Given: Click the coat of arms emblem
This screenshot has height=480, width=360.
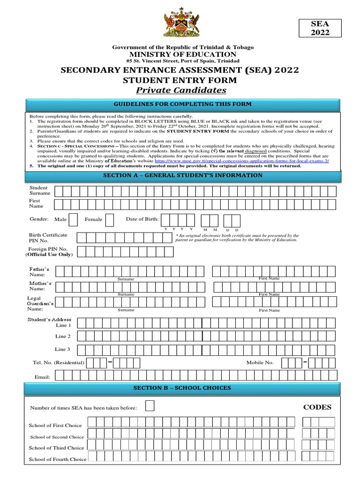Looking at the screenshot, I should click(x=180, y=23).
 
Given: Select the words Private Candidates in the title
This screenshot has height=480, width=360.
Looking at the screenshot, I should click(x=180, y=90).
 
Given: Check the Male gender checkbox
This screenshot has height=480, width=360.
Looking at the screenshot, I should click(x=74, y=219).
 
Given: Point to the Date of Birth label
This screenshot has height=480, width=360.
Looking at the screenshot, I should click(x=142, y=219).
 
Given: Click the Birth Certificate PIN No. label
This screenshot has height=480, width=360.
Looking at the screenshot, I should click(x=48, y=238).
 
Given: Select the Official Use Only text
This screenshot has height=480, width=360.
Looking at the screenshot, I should click(x=49, y=254).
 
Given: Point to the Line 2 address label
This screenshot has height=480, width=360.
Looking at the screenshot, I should click(x=63, y=336).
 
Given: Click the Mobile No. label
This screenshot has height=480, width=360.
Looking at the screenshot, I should click(x=260, y=362).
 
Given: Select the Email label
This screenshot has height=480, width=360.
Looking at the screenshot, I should click(x=42, y=376).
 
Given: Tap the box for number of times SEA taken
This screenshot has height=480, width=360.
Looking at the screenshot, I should click(x=150, y=405).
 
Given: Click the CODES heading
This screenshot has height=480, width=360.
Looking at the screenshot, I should click(x=317, y=407).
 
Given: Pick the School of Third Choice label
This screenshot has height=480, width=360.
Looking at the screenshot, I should click(x=56, y=448).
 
